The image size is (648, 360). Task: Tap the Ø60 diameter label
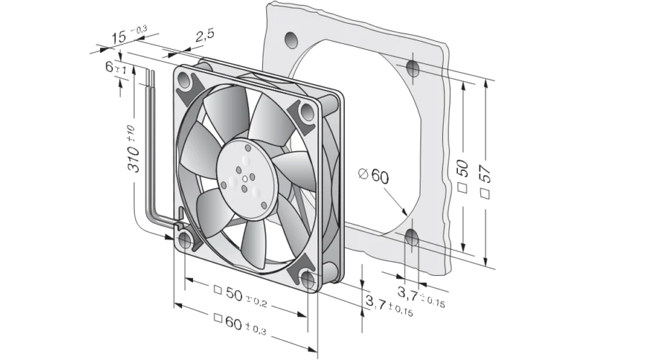tap(374, 176)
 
